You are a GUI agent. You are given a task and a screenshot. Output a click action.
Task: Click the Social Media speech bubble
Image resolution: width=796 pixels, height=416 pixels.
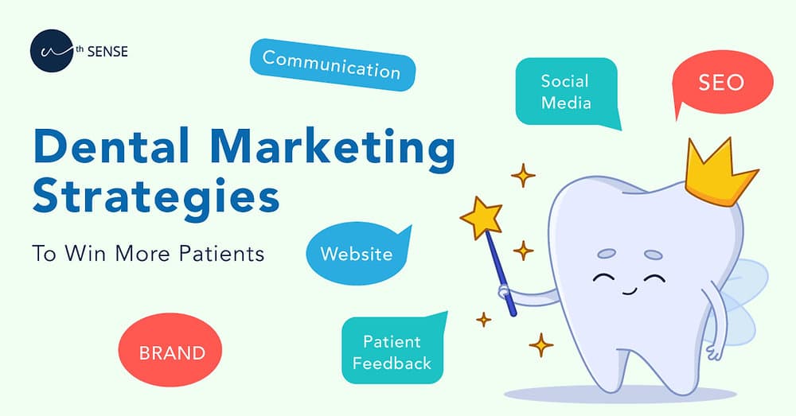tap(565, 91)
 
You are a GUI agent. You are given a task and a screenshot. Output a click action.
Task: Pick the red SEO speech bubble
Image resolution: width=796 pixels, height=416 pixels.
tap(721, 84)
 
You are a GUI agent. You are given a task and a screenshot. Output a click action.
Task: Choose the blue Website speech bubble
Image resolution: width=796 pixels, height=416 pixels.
tap(356, 255)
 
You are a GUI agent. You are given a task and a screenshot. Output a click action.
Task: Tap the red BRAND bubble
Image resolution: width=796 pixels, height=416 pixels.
tap(172, 352)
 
